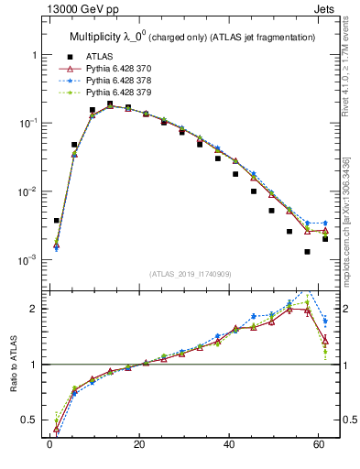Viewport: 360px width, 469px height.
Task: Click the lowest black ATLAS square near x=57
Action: [307, 252]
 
